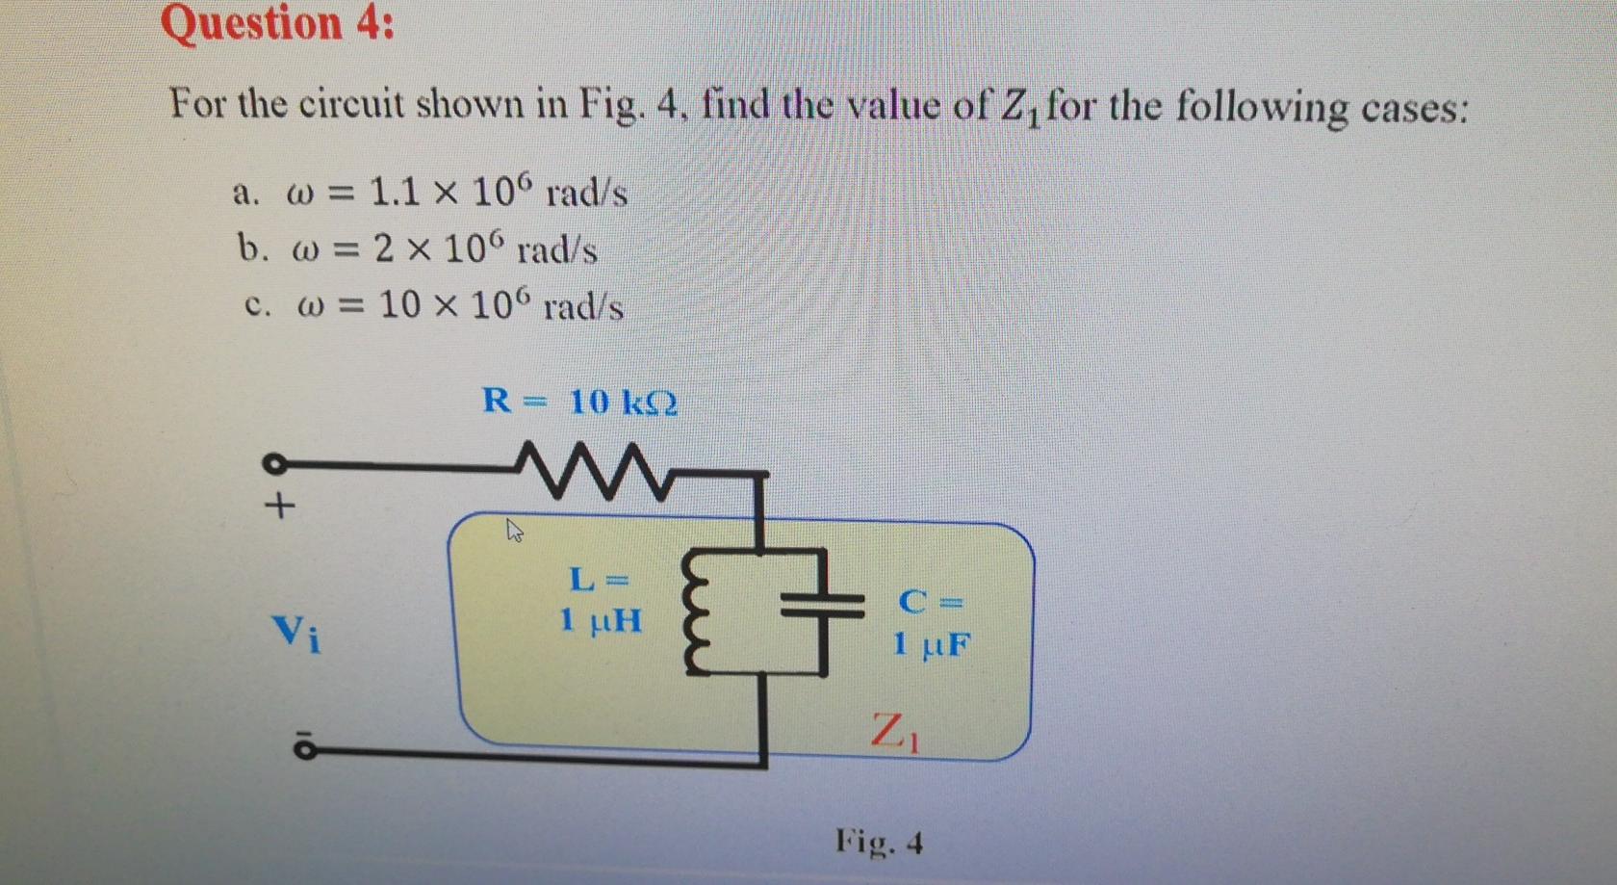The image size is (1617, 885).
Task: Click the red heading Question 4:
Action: [277, 23]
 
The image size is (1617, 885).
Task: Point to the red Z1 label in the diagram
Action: [894, 731]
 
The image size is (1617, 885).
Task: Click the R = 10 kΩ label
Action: [579, 401]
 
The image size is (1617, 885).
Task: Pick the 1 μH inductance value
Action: [601, 620]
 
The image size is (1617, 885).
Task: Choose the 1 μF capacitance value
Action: [931, 643]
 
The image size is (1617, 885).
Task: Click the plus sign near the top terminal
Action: [279, 505]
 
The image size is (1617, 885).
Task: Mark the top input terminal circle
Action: [273, 465]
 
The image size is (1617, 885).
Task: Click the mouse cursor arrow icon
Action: [515, 530]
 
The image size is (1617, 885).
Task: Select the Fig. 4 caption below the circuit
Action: [879, 843]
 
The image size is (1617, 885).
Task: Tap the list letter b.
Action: [252, 248]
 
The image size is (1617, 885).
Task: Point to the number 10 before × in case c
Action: [399, 305]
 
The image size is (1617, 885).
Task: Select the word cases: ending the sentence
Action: [1414, 108]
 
